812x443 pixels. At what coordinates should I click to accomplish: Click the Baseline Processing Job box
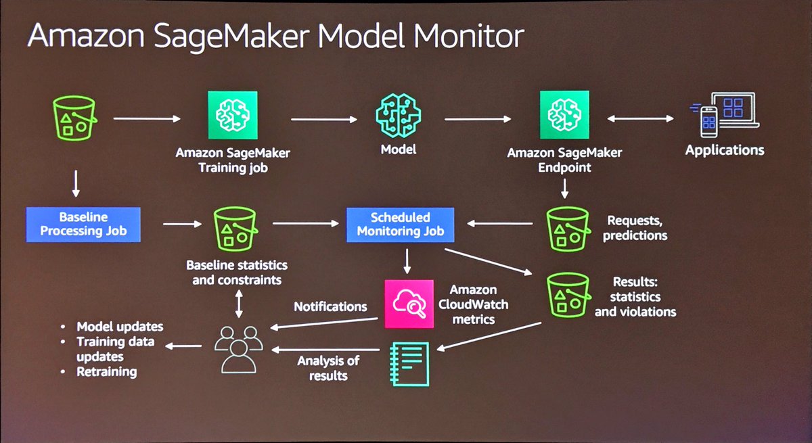(x=84, y=225)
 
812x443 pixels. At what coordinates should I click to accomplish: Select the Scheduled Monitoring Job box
(x=400, y=225)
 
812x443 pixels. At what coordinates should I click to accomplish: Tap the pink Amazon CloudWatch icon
(x=408, y=304)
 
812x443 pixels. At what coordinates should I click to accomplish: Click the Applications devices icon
(x=724, y=115)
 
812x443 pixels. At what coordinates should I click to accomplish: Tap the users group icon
(x=238, y=347)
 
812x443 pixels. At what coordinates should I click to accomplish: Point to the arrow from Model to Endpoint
(x=478, y=120)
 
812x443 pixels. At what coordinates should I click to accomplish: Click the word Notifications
(x=330, y=306)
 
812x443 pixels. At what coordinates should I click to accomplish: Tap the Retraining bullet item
(x=106, y=371)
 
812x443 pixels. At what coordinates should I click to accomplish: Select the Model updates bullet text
(x=120, y=327)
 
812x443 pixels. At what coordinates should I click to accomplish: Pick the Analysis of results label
(x=328, y=367)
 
